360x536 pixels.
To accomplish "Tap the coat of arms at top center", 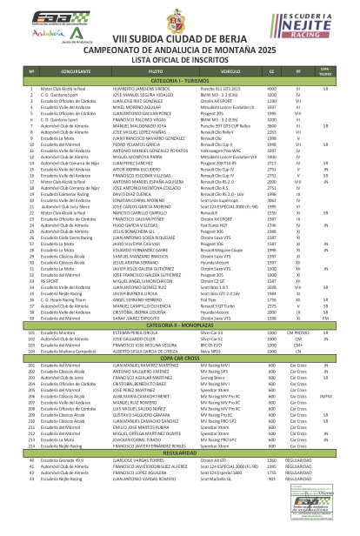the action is [x=179, y=17].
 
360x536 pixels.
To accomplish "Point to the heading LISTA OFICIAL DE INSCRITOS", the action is [x=180, y=58].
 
